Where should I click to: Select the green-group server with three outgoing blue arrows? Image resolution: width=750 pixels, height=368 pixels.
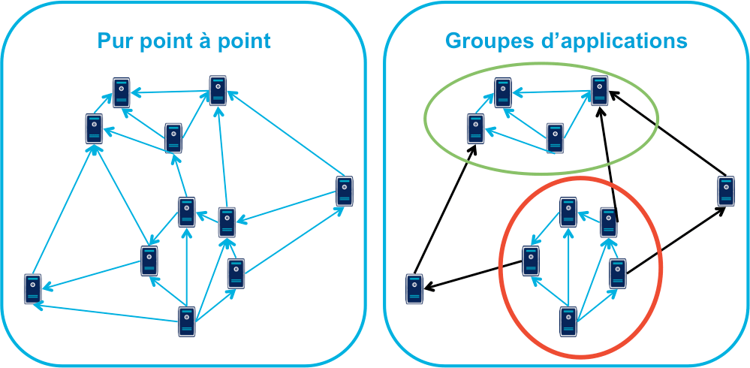[x=555, y=138]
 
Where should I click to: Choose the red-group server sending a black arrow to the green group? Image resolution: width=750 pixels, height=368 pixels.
[x=609, y=222]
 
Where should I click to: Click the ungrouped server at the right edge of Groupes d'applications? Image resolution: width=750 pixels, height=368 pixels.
[x=724, y=191]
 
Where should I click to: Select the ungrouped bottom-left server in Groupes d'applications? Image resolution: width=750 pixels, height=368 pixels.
[x=414, y=289]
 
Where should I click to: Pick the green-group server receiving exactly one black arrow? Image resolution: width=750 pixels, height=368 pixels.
[x=474, y=128]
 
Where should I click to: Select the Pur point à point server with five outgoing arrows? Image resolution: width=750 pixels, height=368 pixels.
[x=186, y=321]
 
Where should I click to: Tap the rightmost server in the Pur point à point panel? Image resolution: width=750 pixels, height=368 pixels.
[x=344, y=191]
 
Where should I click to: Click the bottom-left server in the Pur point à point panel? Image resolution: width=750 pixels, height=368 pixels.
[x=32, y=288]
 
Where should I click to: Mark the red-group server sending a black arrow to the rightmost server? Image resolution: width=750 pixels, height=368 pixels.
[x=617, y=273]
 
